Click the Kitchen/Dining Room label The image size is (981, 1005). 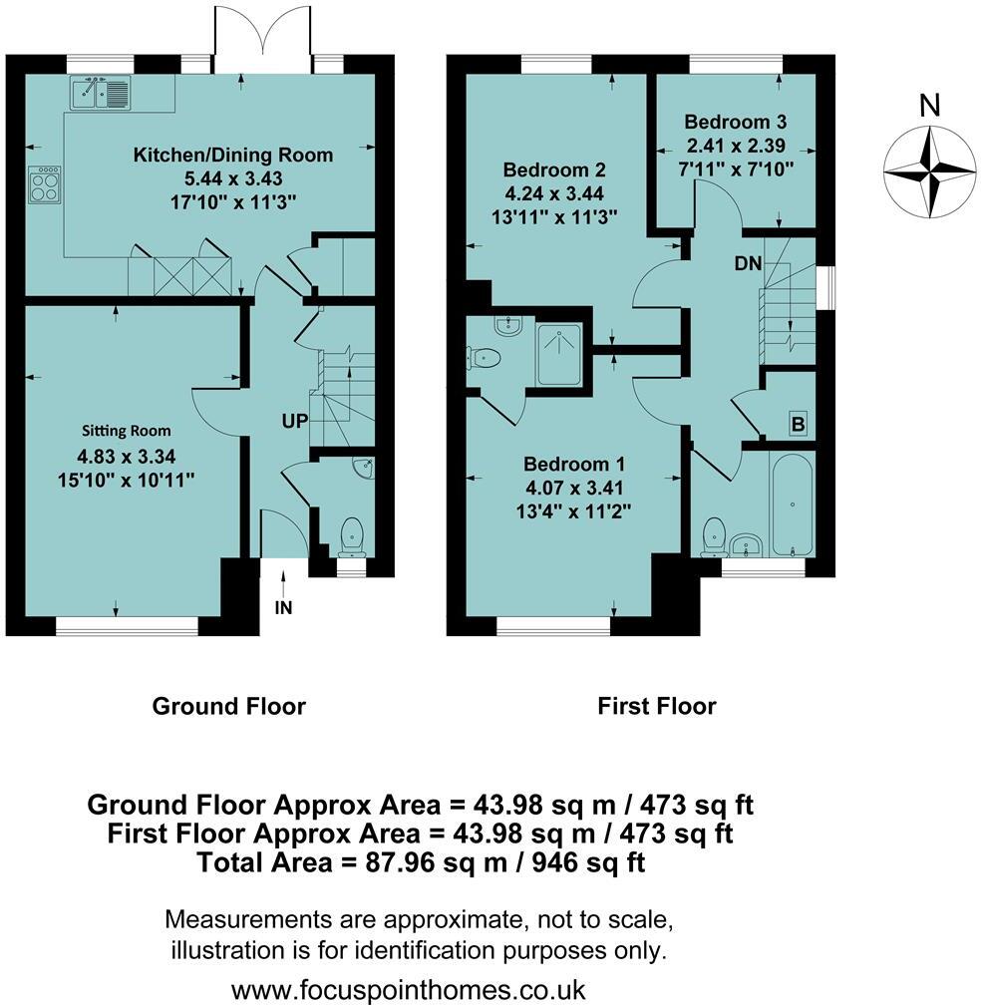pos(233,156)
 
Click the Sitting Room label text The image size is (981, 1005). pos(126,431)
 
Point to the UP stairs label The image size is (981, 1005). pos(294,422)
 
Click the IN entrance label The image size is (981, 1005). pos(283,607)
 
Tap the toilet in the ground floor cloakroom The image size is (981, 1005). pos(353,537)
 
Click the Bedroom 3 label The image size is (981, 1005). pos(735,123)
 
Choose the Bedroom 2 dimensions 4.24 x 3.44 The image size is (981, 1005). pos(553,193)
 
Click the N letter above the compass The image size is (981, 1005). pos(929,106)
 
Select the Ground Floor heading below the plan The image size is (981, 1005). pos(228,707)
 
